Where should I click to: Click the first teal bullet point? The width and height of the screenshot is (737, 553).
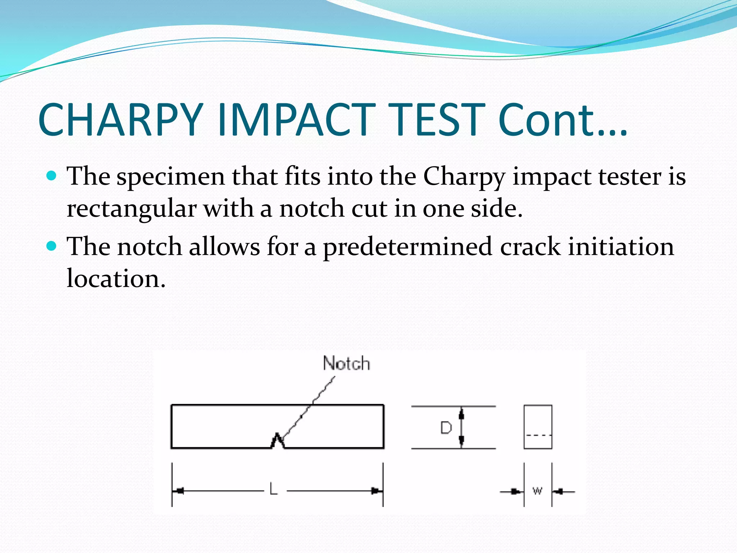[x=52, y=176]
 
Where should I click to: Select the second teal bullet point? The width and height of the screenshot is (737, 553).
[x=52, y=246]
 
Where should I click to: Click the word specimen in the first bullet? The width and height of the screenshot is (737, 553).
[x=171, y=177]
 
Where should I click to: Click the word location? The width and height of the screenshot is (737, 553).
[x=116, y=279]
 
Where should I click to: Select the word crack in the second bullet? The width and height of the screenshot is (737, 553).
[x=530, y=247]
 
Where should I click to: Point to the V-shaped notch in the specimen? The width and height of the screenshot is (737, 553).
[x=277, y=441]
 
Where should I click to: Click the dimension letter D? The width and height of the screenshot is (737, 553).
[x=446, y=428]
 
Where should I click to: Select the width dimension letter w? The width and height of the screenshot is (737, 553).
[x=537, y=491]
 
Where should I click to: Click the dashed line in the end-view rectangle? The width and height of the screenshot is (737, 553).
[x=538, y=435]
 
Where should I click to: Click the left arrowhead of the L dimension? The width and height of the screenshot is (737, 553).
[x=179, y=490]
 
